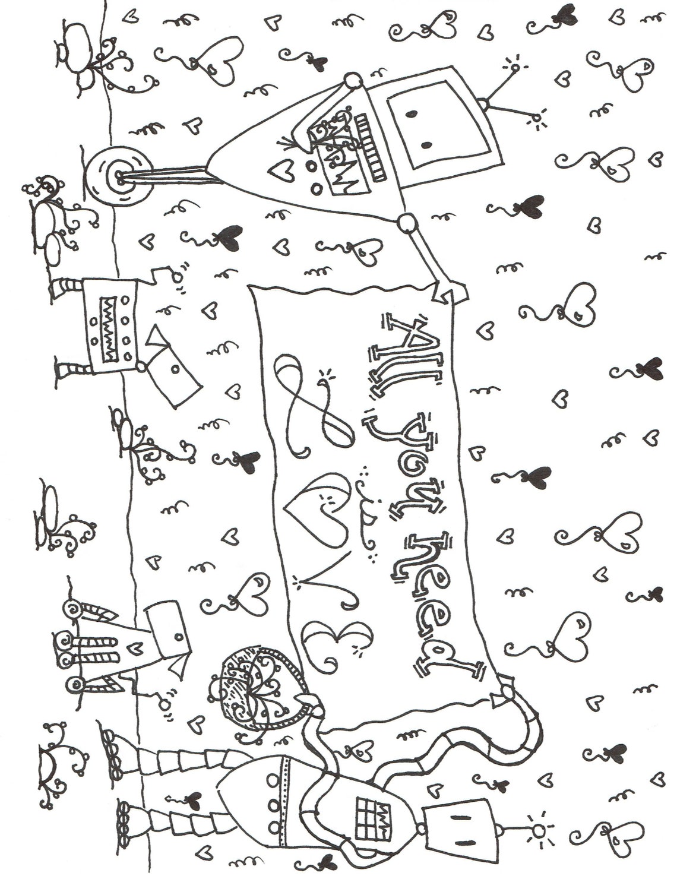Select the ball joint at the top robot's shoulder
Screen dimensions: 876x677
pos(406,223)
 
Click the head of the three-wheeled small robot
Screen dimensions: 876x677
pos(169,627)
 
